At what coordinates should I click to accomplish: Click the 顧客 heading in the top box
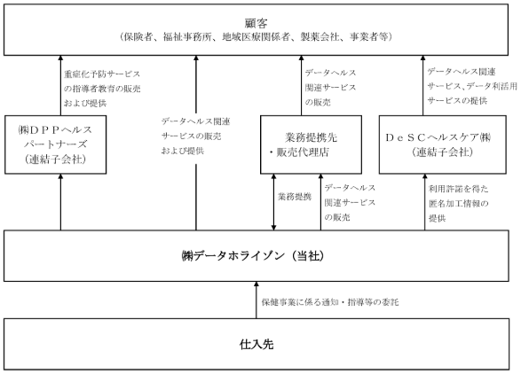coord(256,23)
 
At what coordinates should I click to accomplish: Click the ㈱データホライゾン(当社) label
coord(253,256)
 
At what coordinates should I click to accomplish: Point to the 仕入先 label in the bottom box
coord(257,344)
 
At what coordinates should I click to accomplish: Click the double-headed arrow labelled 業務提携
coord(273,202)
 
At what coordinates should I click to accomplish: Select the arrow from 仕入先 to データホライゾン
coord(257,300)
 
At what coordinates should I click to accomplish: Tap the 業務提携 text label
coord(295,197)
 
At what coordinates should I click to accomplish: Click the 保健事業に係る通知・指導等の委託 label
coord(330,302)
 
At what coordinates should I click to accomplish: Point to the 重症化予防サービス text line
coord(102,74)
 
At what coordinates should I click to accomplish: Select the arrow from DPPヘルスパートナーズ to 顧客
coord(60,85)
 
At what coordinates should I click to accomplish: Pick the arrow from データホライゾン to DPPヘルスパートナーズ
coord(60,202)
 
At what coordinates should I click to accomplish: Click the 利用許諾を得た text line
coord(459,189)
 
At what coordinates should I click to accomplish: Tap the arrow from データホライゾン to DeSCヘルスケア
coord(424,202)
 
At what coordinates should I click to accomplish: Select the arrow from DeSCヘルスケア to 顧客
coord(423,85)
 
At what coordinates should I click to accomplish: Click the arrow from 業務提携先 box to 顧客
coord(302,85)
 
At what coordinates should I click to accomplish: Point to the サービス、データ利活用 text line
coord(472,86)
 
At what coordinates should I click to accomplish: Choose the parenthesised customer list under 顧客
coord(256,36)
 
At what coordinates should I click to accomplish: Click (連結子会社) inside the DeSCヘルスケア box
coord(442,152)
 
